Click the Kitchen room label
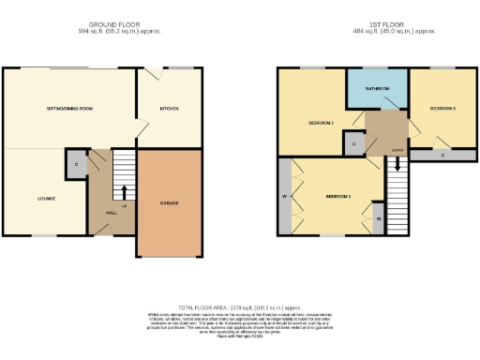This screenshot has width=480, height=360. (169, 109)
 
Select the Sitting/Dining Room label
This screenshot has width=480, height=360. (69, 109)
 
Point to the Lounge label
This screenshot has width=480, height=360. (46, 198)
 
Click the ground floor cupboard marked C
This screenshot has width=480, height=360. (76, 164)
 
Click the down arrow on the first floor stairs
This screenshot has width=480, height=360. (397, 163)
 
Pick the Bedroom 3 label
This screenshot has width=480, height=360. (442, 109)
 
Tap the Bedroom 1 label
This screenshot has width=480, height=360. (337, 196)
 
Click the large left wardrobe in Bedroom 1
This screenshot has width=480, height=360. (284, 197)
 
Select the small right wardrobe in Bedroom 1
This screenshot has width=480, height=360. (378, 217)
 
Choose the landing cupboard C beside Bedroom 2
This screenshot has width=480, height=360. (353, 144)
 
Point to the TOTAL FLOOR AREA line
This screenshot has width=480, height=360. (239, 307)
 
